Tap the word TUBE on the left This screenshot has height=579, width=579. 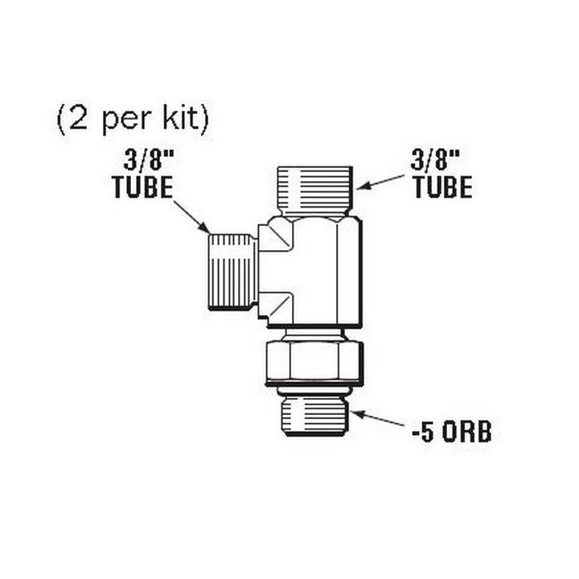coord(142,187)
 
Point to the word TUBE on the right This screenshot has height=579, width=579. coord(442,187)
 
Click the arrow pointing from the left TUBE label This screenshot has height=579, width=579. coord(191,216)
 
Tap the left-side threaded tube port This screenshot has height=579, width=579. coord(232,271)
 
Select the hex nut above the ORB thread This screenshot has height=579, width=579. coord(314,360)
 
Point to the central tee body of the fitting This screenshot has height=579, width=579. coord(314,269)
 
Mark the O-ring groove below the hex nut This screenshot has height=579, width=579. coord(314,390)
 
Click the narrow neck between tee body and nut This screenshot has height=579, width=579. coord(314,332)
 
